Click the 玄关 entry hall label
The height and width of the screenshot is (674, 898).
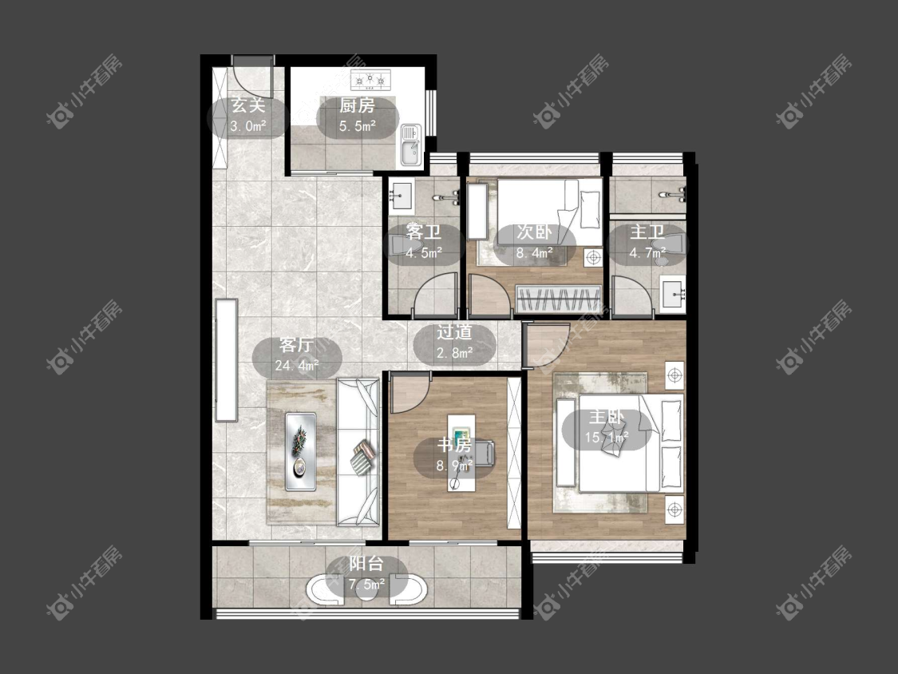tap(248, 106)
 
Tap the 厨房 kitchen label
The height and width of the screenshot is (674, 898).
tap(357, 105)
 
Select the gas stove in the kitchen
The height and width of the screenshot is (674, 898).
tap(370, 80)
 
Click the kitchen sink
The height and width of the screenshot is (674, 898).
tap(410, 145)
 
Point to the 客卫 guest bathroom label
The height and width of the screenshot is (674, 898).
tap(423, 232)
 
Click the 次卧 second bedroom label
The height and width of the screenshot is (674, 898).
tap(534, 232)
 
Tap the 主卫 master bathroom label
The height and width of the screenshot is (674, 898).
tap(647, 232)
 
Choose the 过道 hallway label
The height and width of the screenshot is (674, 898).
tap(454, 332)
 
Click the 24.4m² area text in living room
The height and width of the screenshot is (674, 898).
tap(297, 365)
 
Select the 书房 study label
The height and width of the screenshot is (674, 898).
tap(454, 445)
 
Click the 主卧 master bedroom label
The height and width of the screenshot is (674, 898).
tap(607, 417)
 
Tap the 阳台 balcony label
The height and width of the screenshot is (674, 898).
tap(366, 564)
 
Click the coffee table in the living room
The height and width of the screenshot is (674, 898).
tap(301, 451)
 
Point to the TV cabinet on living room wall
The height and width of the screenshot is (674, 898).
tap(226, 360)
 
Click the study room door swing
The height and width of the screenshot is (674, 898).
tap(410, 392)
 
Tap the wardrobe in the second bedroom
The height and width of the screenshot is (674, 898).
tap(559, 299)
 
